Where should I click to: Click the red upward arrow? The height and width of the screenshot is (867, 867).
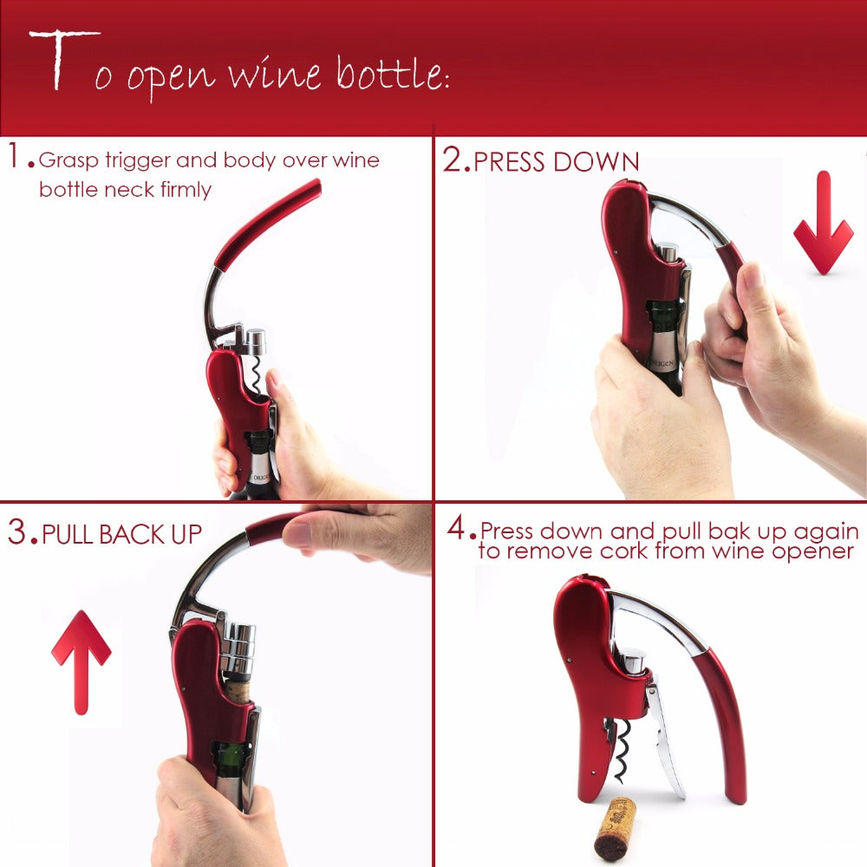[81, 659]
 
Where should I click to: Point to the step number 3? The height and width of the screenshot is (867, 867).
[19, 532]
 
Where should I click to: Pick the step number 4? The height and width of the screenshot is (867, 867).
[457, 529]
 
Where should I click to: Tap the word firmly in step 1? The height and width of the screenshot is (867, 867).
[186, 189]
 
